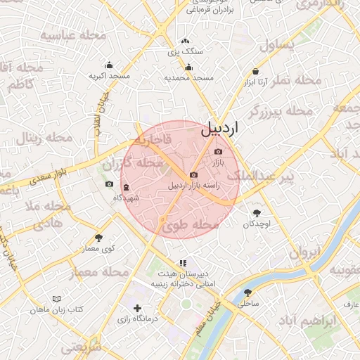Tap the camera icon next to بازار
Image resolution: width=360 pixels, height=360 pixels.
pos(218,152)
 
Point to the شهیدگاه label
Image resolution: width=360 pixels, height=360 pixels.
pos(126,198)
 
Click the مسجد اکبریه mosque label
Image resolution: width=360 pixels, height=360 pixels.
pos(110,75)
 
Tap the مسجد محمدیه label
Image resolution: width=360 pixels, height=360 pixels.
pos(188,77)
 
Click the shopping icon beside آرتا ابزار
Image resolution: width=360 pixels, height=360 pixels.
pos(255,71)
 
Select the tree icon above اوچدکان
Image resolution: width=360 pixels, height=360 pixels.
pos(257,212)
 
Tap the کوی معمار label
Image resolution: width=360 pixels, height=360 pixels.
pos(98,249)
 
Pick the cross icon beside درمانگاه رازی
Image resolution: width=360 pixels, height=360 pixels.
pos(137,308)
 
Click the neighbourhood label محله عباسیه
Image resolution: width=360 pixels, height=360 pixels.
pos(73,35)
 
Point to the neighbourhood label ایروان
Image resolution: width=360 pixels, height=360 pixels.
pos(304,252)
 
